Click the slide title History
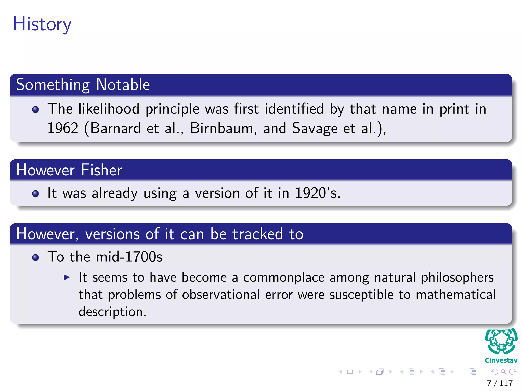click(42, 24)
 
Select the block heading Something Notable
click(83, 85)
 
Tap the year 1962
click(63, 128)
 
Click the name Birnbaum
click(221, 128)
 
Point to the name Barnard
click(115, 128)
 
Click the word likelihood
click(109, 109)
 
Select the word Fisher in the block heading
click(101, 170)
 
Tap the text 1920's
click(317, 193)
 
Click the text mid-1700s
click(129, 257)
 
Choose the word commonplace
click(284, 278)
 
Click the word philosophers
click(457, 278)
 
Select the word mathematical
click(456, 295)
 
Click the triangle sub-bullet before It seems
click(67, 277)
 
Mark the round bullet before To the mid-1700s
click(36, 258)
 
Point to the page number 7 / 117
click(500, 383)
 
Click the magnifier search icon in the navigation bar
click(503, 372)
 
